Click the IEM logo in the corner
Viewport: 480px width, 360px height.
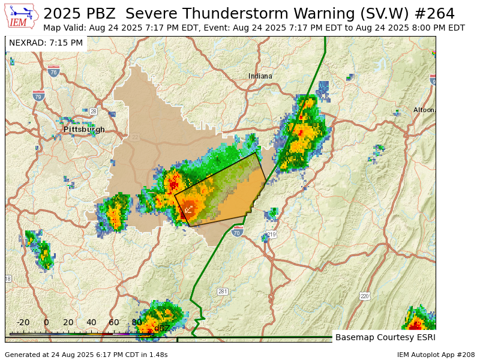[20, 16]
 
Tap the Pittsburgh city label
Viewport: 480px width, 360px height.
[84, 129]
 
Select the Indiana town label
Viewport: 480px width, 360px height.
[260, 76]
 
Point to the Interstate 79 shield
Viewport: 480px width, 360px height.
[38, 95]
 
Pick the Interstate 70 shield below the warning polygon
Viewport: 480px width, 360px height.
[238, 232]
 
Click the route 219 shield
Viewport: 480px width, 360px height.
[271, 235]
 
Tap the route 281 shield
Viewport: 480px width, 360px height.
[223, 292]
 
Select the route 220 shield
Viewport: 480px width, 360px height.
[365, 296]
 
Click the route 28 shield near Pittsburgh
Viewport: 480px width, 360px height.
[93, 112]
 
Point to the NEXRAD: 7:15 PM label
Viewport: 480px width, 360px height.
[46, 43]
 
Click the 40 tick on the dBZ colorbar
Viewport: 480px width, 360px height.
[91, 323]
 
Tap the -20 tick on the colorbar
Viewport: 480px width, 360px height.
[23, 323]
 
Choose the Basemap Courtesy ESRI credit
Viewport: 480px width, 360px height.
[385, 337]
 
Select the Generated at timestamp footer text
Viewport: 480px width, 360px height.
[86, 355]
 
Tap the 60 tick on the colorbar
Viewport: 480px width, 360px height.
[114, 323]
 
